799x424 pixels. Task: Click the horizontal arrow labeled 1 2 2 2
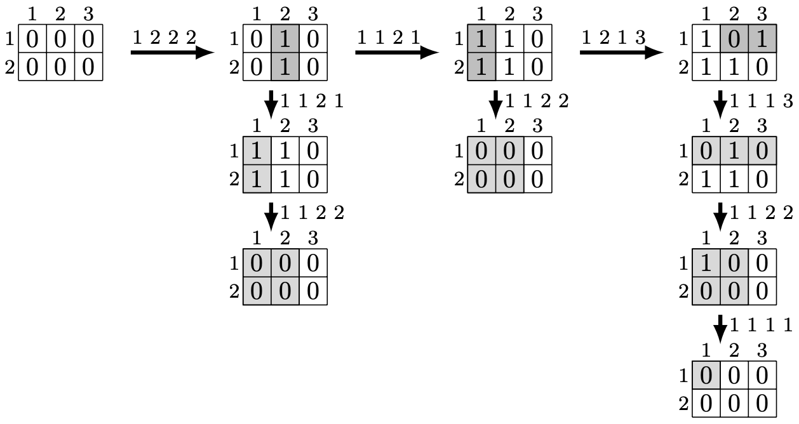click(171, 52)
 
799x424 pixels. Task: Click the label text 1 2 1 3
click(614, 37)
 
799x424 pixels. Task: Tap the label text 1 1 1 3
click(762, 100)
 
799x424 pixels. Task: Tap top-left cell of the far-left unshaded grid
click(32, 39)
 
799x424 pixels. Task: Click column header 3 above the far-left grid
click(88, 13)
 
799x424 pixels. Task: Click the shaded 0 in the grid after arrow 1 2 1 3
click(734, 39)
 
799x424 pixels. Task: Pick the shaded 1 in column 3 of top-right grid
click(762, 39)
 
